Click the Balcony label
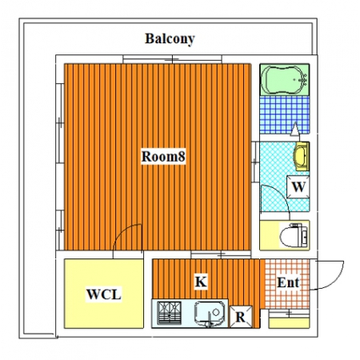(x=170, y=39)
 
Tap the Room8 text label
(x=163, y=157)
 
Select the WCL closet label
(x=104, y=294)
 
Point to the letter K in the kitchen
(x=201, y=282)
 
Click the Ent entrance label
(x=288, y=282)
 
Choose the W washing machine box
(x=298, y=186)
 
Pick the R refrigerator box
(x=241, y=317)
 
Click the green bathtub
(x=285, y=80)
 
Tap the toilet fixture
(x=294, y=235)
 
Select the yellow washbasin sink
(x=302, y=156)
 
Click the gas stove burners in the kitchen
(x=169, y=313)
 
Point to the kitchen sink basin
(x=210, y=313)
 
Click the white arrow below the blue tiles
(x=295, y=129)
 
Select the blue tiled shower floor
(x=285, y=114)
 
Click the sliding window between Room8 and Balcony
(x=172, y=59)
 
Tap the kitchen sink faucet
(x=210, y=319)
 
